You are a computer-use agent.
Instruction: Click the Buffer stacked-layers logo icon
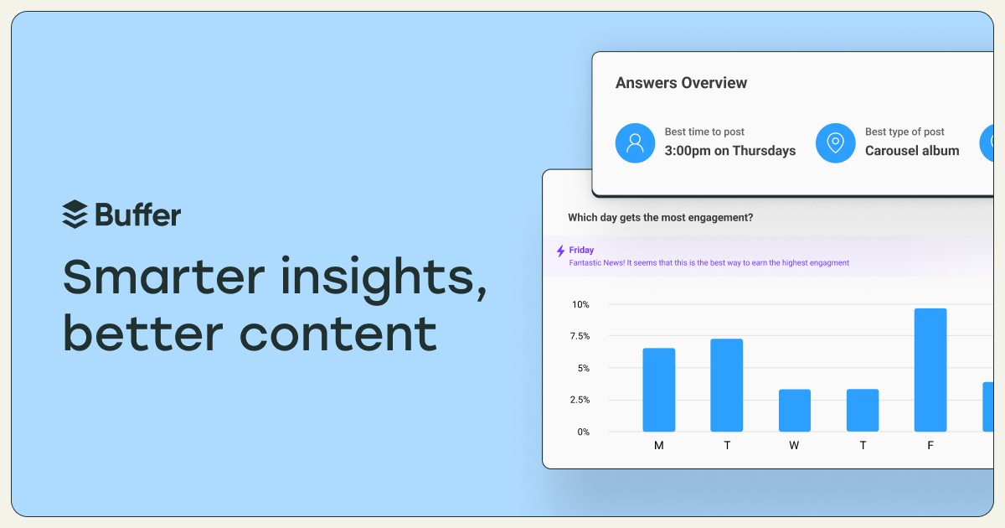click(x=75, y=215)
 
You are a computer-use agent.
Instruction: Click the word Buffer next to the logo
click(x=138, y=215)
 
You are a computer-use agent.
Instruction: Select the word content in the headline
click(x=338, y=334)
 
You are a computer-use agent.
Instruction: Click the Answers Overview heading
click(x=681, y=83)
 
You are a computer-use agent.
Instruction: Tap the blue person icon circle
click(x=635, y=142)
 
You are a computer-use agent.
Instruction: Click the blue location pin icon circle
click(x=836, y=142)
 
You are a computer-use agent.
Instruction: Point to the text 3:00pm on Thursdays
click(x=730, y=150)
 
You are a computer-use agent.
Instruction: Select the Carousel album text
click(x=912, y=150)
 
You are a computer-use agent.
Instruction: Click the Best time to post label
click(x=704, y=132)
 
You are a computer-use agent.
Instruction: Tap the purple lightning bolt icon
click(x=560, y=251)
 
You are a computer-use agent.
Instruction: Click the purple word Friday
click(x=581, y=250)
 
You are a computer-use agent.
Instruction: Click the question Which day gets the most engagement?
click(x=661, y=217)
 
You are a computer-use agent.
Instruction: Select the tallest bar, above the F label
click(x=930, y=370)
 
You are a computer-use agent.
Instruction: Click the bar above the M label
click(x=658, y=390)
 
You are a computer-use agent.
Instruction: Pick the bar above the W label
click(x=795, y=411)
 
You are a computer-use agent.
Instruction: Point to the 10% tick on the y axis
click(x=580, y=304)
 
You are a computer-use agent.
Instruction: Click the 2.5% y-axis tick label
click(x=580, y=400)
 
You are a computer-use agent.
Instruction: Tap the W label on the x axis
click(x=794, y=445)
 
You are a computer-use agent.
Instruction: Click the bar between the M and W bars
click(x=727, y=386)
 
